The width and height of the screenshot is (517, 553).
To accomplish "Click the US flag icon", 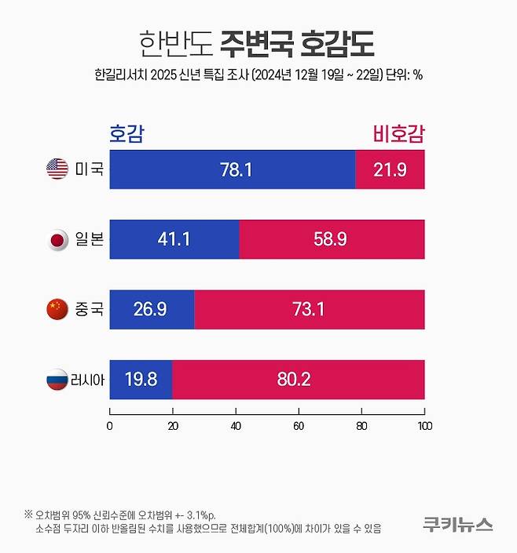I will click(58, 169).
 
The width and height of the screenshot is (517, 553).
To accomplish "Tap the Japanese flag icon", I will click(58, 239).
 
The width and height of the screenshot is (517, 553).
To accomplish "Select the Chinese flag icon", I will click(58, 309).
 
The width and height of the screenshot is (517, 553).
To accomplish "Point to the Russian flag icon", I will click(58, 380).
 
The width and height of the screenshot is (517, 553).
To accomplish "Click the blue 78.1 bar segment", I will click(233, 169).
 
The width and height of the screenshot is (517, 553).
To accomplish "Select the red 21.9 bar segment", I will click(390, 169).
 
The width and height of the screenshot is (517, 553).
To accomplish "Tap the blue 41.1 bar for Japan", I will click(174, 239).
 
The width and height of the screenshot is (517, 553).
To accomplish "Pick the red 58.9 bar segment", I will click(332, 239).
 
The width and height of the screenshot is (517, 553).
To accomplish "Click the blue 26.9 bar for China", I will click(152, 309).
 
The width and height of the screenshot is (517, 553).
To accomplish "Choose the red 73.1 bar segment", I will click(310, 309).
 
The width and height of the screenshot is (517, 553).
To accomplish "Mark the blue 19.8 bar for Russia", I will click(141, 380).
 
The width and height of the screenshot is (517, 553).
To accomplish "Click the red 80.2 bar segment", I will click(299, 380).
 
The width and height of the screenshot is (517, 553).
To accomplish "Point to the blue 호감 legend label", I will click(127, 133).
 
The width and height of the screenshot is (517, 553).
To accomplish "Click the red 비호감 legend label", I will click(397, 133).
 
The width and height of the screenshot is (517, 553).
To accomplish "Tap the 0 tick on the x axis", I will click(110, 426).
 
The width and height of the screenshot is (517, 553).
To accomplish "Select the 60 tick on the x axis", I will click(299, 426).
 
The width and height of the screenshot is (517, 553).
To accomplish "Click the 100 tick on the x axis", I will click(424, 426).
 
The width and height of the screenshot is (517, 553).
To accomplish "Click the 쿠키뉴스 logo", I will click(457, 523).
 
